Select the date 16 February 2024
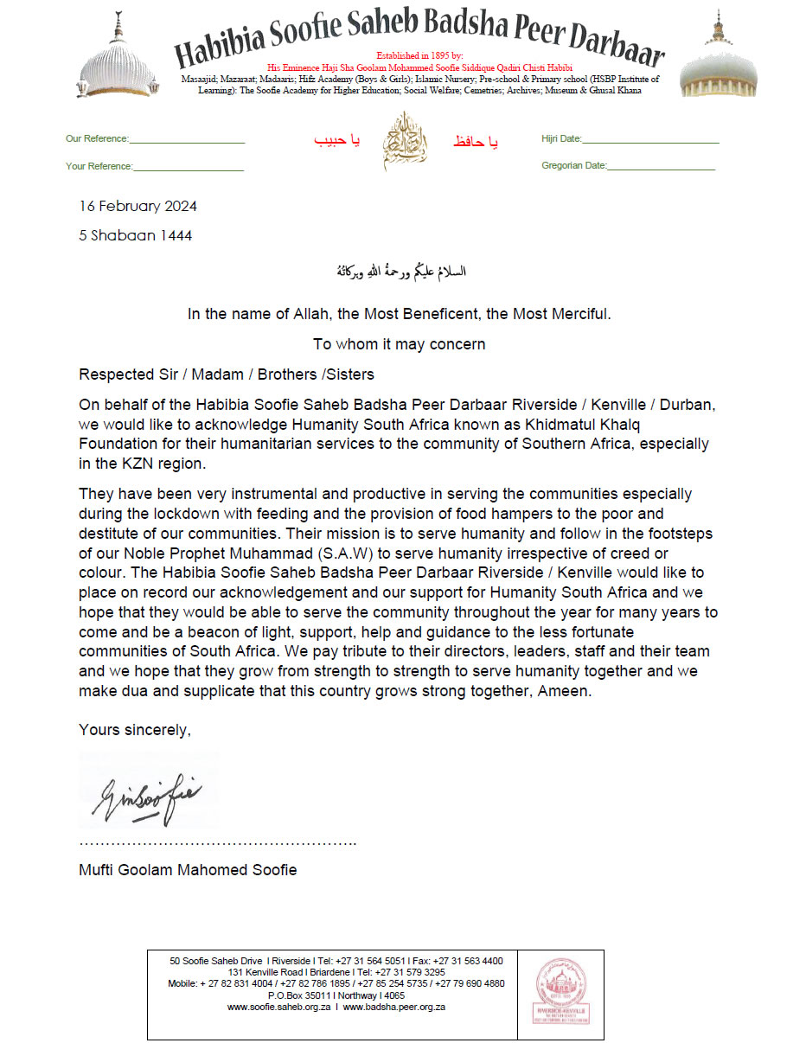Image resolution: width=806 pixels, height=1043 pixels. pos(138,206)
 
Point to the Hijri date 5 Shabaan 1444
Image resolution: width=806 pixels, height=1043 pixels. pos(135,235)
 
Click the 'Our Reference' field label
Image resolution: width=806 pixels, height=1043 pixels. pos(97,139)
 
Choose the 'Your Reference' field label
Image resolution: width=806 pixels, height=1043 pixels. pos(99,166)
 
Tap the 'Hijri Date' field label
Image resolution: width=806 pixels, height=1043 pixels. pos(561,139)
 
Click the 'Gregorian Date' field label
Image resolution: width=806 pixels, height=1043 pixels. pos(574,166)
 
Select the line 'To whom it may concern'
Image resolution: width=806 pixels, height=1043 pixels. pos(399,344)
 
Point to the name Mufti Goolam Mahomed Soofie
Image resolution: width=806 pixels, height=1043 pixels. pos(188,870)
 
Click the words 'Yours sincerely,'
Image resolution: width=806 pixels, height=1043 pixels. pos(134,730)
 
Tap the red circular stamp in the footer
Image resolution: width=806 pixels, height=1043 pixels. pos(561,992)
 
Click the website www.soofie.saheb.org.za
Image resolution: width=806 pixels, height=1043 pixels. pos(278,1007)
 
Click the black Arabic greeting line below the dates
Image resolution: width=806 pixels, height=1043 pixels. pos(400,272)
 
